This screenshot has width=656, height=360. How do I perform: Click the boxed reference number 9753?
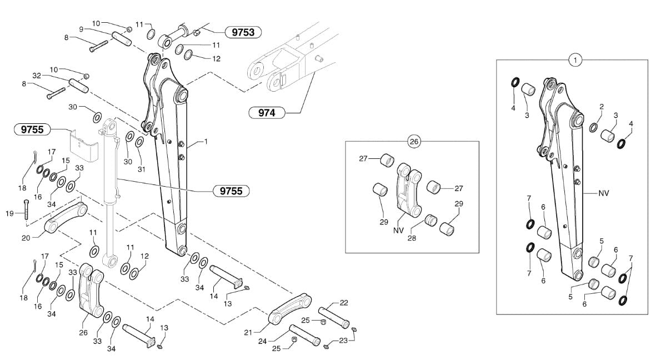[243, 32]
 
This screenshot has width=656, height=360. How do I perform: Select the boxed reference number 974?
[267, 113]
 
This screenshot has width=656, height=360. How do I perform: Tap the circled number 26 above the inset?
[414, 142]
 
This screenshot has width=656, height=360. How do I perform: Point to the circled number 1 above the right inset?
[576, 60]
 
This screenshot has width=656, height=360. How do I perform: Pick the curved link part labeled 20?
[66, 218]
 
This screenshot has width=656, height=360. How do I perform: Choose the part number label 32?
[37, 76]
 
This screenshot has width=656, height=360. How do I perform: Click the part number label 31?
[142, 169]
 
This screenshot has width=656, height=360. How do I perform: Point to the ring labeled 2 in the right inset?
[594, 127]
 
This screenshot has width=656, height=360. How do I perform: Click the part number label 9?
[81, 29]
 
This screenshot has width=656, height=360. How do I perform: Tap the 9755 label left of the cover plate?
[32, 130]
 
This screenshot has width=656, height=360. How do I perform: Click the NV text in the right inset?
[604, 193]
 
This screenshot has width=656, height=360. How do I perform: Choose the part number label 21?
[248, 332]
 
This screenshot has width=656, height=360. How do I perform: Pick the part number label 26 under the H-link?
[83, 333]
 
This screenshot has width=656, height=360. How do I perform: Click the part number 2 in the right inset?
[601, 106]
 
